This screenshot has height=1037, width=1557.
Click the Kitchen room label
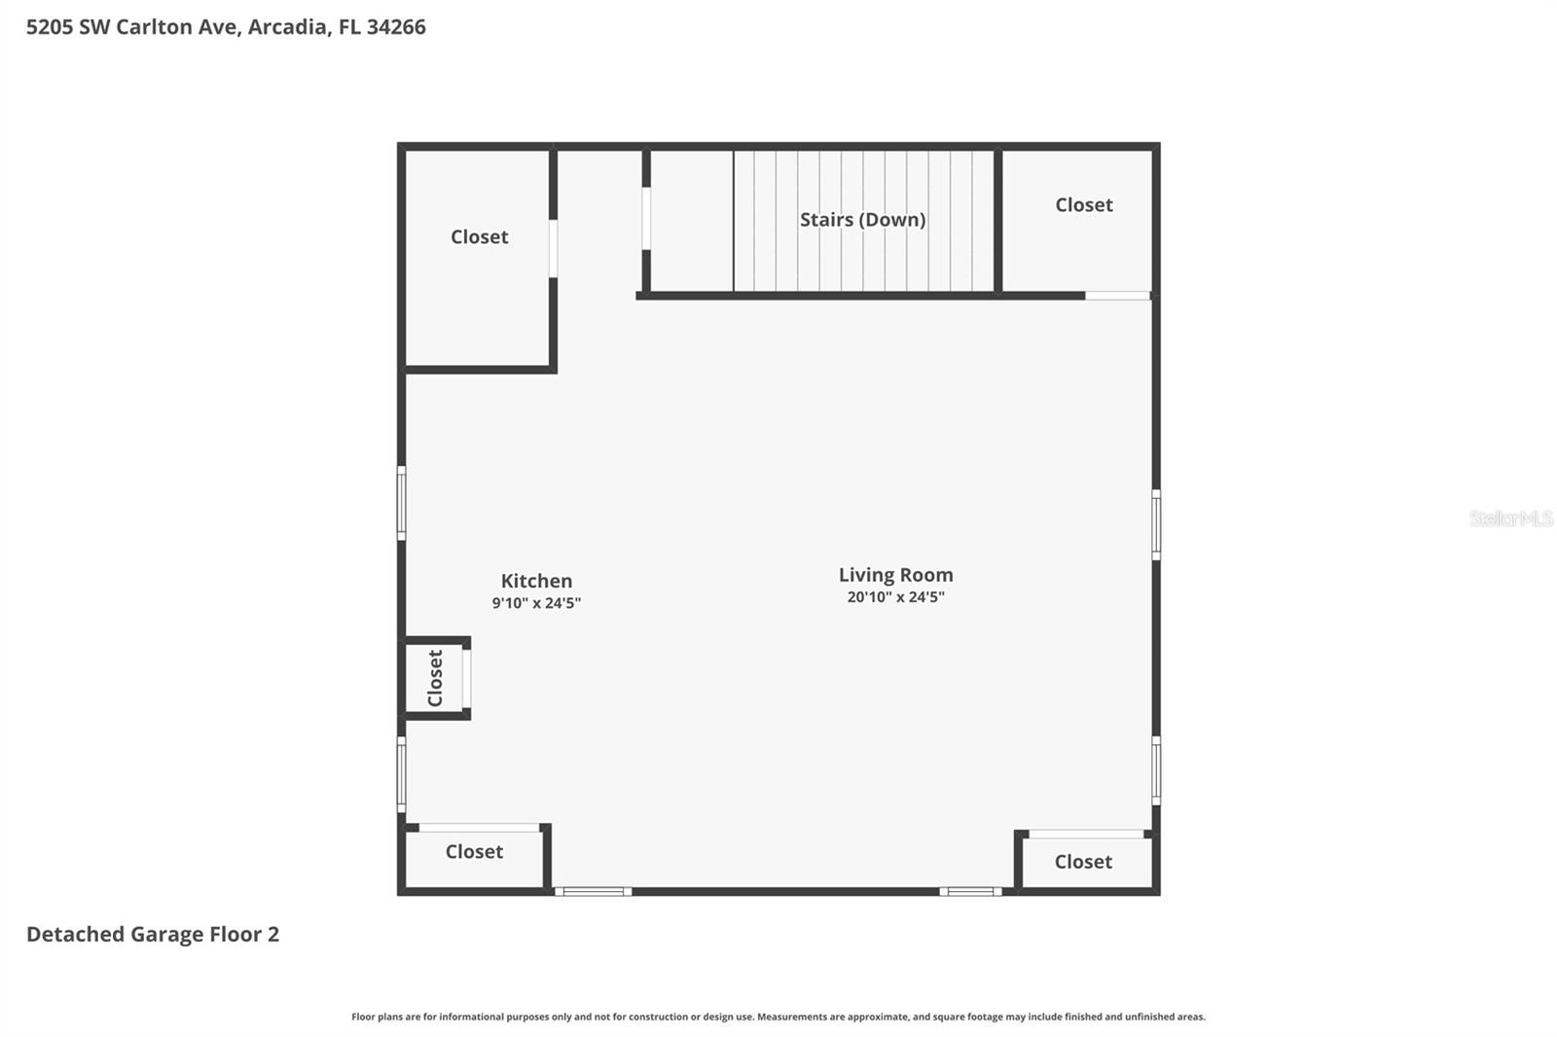click(536, 581)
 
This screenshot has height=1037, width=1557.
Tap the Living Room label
click(895, 575)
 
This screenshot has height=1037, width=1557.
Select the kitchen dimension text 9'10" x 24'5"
click(536, 603)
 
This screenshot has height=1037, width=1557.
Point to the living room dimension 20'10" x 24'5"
click(895, 597)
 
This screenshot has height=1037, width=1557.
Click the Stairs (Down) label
click(862, 220)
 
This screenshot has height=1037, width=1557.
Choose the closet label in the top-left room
click(479, 236)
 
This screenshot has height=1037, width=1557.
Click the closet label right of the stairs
click(1083, 204)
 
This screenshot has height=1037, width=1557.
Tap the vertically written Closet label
click(435, 678)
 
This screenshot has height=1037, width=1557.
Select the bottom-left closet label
click(474, 851)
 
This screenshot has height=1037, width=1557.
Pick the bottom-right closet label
click(1082, 861)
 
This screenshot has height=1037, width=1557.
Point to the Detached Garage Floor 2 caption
click(153, 934)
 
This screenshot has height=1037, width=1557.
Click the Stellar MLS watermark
click(1509, 518)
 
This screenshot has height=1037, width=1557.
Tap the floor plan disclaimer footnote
click(778, 1017)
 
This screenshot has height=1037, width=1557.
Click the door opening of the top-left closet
click(553, 248)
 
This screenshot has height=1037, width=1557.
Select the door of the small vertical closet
click(467, 678)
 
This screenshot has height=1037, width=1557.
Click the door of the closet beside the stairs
click(1117, 295)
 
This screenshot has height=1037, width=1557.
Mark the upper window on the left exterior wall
click(401, 502)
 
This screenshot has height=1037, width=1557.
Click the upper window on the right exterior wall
click(1156, 524)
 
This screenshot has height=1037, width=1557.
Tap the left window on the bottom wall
click(593, 891)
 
